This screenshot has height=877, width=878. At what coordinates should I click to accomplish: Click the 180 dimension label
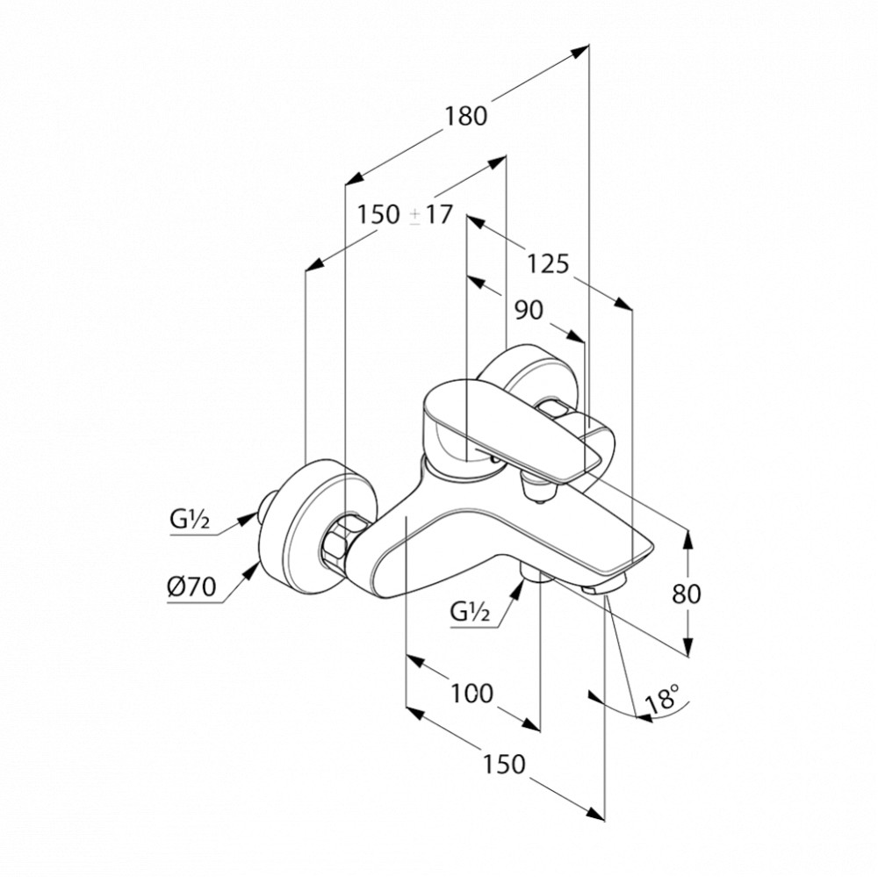pyautogui.click(x=466, y=116)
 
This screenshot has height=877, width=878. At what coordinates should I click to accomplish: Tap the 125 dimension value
pyautogui.click(x=548, y=263)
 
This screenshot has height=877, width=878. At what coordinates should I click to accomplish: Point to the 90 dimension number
pyautogui.click(x=529, y=310)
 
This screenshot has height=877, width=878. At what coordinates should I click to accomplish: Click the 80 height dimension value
pyautogui.click(x=686, y=593)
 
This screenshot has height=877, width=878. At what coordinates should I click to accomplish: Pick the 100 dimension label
pyautogui.click(x=472, y=694)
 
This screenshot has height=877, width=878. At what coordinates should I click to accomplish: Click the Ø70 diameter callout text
pyautogui.click(x=191, y=587)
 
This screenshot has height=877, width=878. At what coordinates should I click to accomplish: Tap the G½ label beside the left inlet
pyautogui.click(x=190, y=521)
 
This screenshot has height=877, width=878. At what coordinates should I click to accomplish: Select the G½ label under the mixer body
pyautogui.click(x=470, y=612)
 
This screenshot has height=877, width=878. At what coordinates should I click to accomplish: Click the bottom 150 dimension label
pyautogui.click(x=504, y=764)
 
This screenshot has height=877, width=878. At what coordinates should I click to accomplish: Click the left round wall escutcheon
pyautogui.click(x=316, y=527)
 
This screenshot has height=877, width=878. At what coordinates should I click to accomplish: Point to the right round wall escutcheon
pyautogui.click(x=529, y=375)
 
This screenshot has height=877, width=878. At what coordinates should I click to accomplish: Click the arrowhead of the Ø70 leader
pyautogui.click(x=254, y=570)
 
